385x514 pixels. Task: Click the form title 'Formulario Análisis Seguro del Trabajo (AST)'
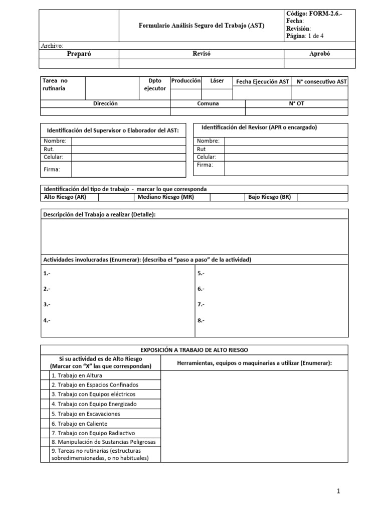click(x=202, y=25)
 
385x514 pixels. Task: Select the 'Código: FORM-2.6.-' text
click(x=315, y=14)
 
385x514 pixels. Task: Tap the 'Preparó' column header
click(x=79, y=54)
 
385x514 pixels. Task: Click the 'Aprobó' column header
click(x=320, y=54)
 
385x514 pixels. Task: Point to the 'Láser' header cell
click(x=217, y=81)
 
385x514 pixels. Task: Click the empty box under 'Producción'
click(x=186, y=93)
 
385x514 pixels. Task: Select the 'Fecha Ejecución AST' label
click(x=263, y=82)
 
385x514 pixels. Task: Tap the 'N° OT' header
click(x=297, y=103)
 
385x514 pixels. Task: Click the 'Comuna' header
click(x=208, y=103)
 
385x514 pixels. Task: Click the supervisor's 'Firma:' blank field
click(x=128, y=169)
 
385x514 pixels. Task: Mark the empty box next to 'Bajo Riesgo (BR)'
click(x=322, y=197)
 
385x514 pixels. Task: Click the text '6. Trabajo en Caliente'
click(x=79, y=424)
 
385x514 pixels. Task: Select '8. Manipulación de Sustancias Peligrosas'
click(x=103, y=442)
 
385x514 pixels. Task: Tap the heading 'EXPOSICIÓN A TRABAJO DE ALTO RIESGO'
click(x=194, y=350)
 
